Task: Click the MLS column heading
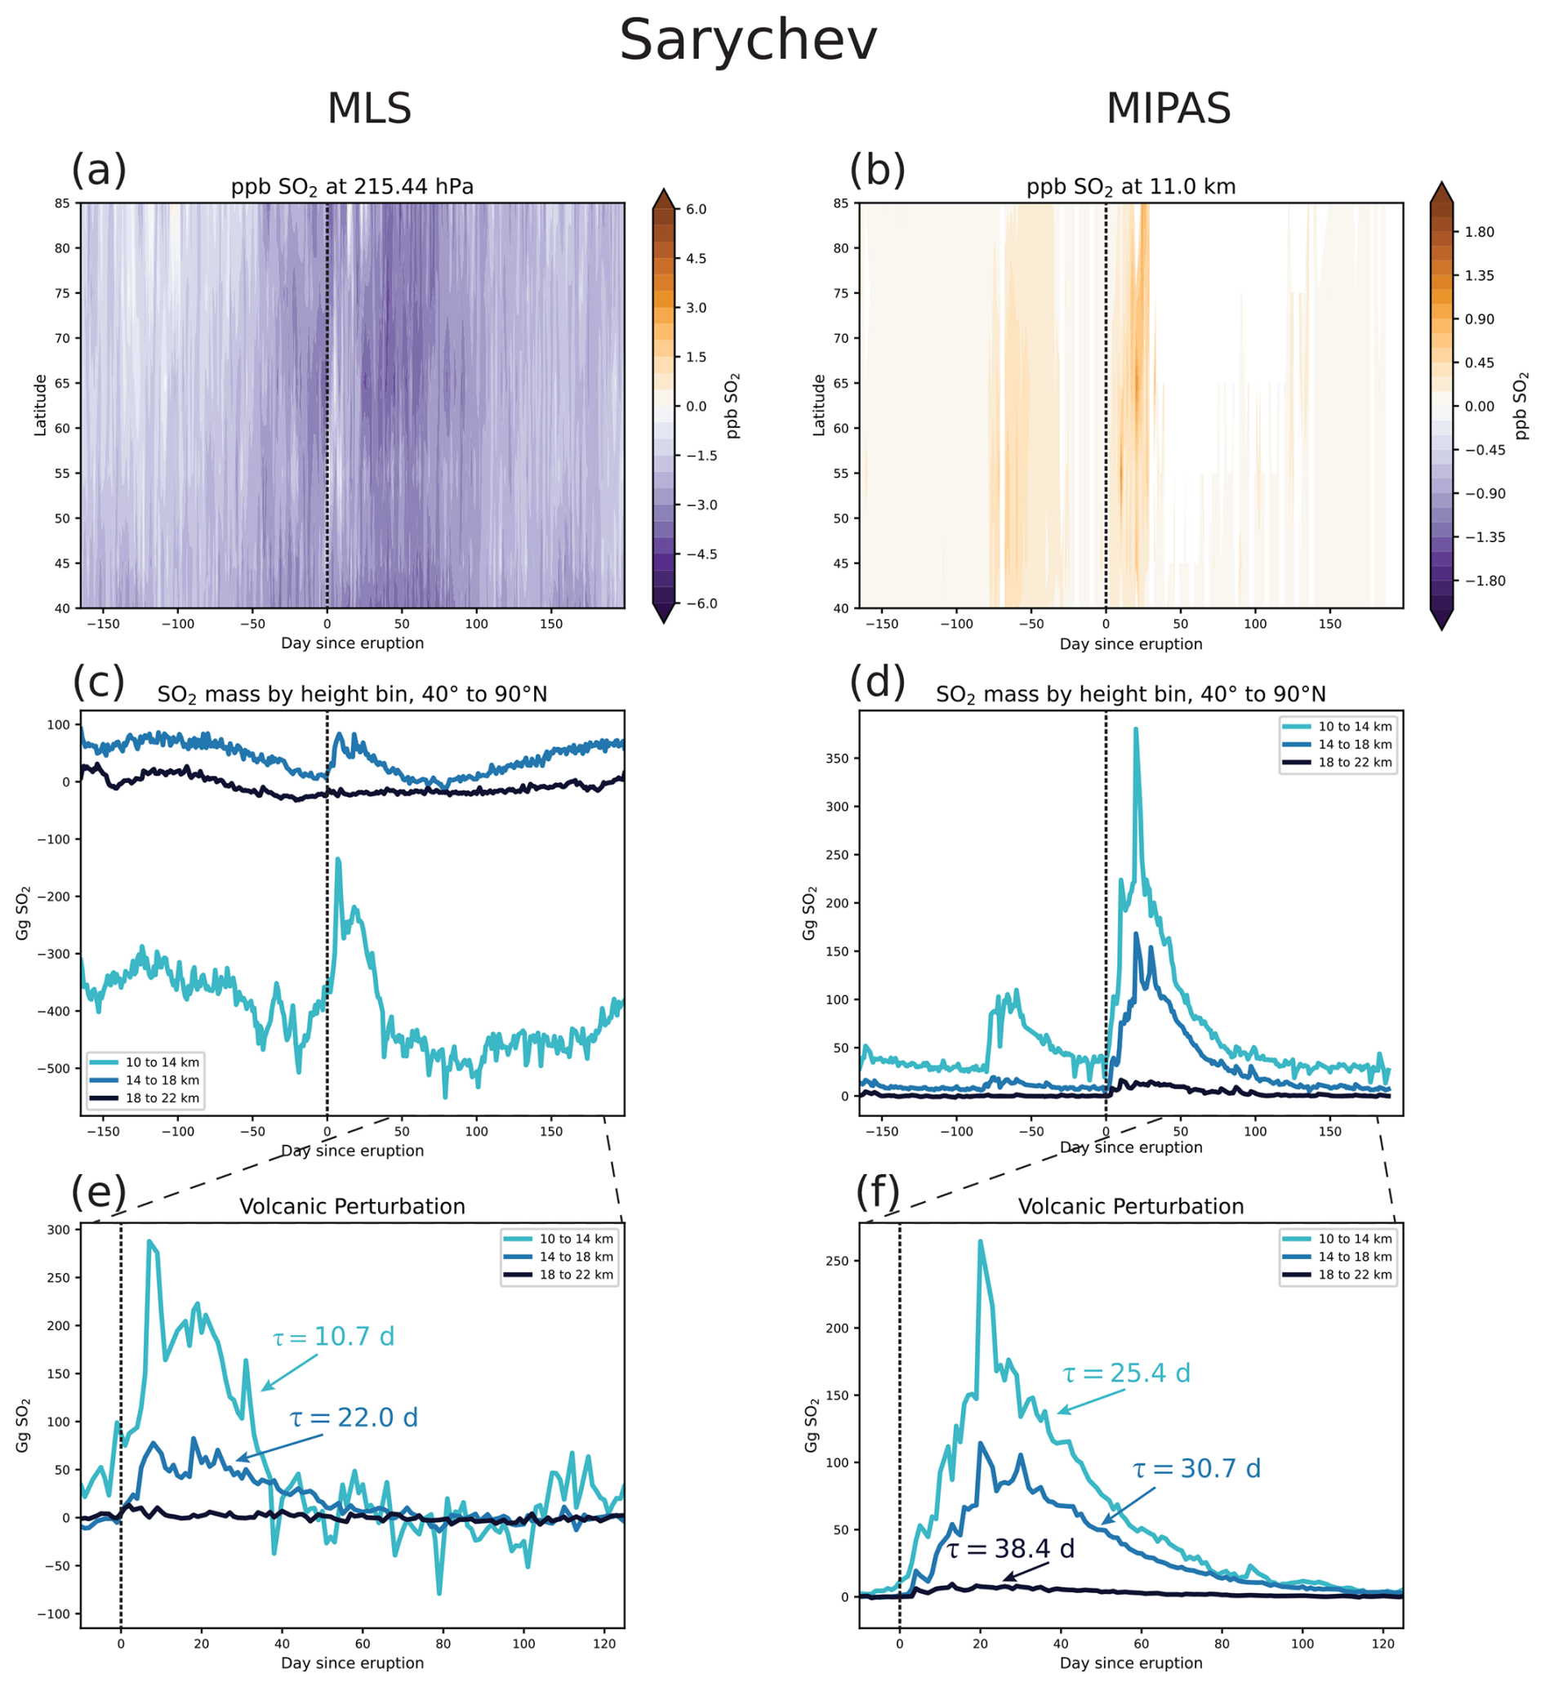pyautogui.click(x=369, y=109)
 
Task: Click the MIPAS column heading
pyautogui.click(x=1168, y=109)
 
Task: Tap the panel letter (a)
pyautogui.click(x=99, y=170)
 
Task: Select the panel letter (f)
pyautogui.click(x=877, y=1191)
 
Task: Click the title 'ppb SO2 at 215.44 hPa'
pyautogui.click(x=352, y=187)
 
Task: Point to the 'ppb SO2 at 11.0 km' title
pyautogui.click(x=1131, y=187)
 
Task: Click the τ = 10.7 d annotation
pyautogui.click(x=333, y=1337)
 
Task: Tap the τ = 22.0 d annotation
pyautogui.click(x=354, y=1418)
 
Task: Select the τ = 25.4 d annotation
pyautogui.click(x=1126, y=1373)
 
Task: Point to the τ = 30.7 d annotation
pyautogui.click(x=1196, y=1469)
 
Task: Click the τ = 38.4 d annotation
pyautogui.click(x=1010, y=1549)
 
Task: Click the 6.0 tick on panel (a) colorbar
pyautogui.click(x=697, y=209)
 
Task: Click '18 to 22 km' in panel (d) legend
pyautogui.click(x=1355, y=763)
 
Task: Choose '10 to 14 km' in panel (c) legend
pyautogui.click(x=163, y=1062)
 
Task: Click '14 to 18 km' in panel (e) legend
pyautogui.click(x=576, y=1257)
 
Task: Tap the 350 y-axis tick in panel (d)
pyautogui.click(x=838, y=759)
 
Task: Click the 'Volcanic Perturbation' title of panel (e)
pyautogui.click(x=352, y=1207)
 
